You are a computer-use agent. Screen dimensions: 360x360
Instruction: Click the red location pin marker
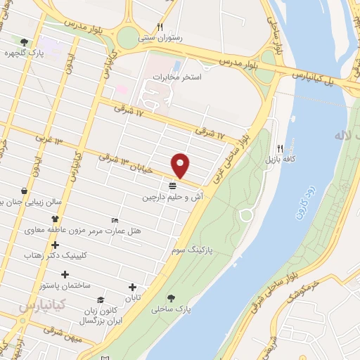181,165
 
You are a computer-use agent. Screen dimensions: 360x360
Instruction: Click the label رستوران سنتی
162,39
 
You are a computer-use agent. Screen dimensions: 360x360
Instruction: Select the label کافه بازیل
281,160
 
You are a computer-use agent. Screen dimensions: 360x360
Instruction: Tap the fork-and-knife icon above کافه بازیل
281,148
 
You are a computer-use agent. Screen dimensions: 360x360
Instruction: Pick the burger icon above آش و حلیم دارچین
172,186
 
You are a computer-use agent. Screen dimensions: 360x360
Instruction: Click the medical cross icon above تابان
133,286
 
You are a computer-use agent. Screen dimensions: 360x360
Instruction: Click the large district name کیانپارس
41,307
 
